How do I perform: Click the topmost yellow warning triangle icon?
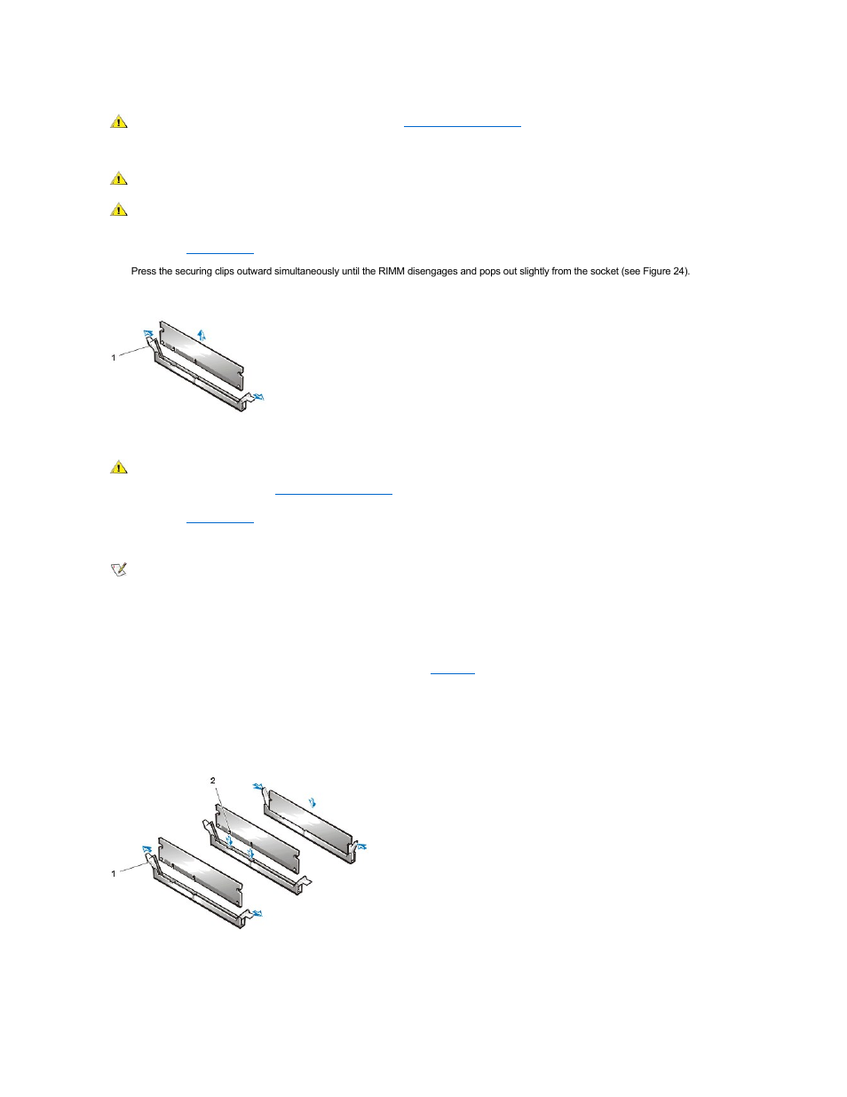119,122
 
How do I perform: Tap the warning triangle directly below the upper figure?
119,467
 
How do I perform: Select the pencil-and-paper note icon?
119,569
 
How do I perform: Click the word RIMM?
392,271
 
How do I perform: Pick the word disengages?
432,272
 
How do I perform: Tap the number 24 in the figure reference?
678,271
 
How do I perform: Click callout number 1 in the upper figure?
114,357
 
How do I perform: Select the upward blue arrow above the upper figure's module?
202,335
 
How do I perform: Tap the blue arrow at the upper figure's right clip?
258,396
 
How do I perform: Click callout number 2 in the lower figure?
213,780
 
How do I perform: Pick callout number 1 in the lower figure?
114,873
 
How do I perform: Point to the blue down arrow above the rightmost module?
313,802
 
